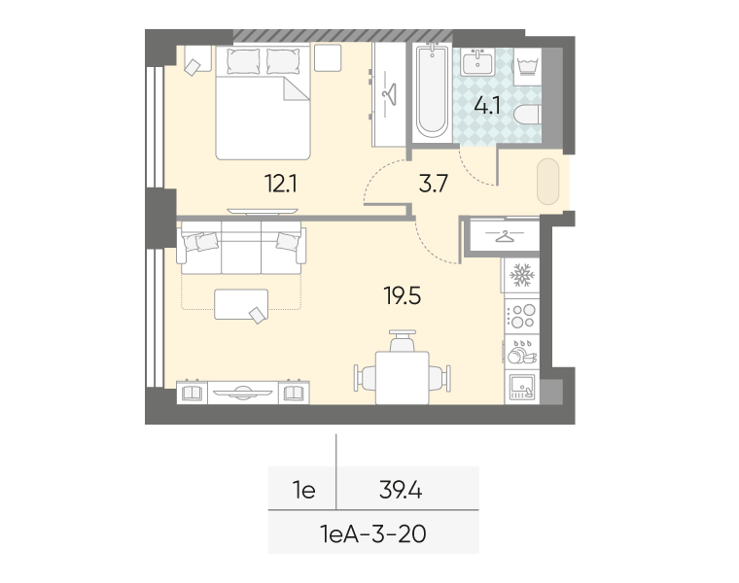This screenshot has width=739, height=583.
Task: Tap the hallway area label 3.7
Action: [432, 183]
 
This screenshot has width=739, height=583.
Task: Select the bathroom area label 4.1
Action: [486, 106]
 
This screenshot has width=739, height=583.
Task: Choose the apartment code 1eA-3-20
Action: [373, 532]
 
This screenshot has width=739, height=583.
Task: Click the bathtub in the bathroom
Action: [430, 92]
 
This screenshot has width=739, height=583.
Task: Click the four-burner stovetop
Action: [521, 316]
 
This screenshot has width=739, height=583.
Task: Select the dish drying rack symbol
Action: [520, 351]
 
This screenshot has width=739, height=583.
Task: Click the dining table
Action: [403, 374]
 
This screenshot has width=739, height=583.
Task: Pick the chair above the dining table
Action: [403, 341]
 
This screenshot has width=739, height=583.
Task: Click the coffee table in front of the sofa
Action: [240, 304]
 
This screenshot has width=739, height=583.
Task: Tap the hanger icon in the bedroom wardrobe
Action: [390, 93]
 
